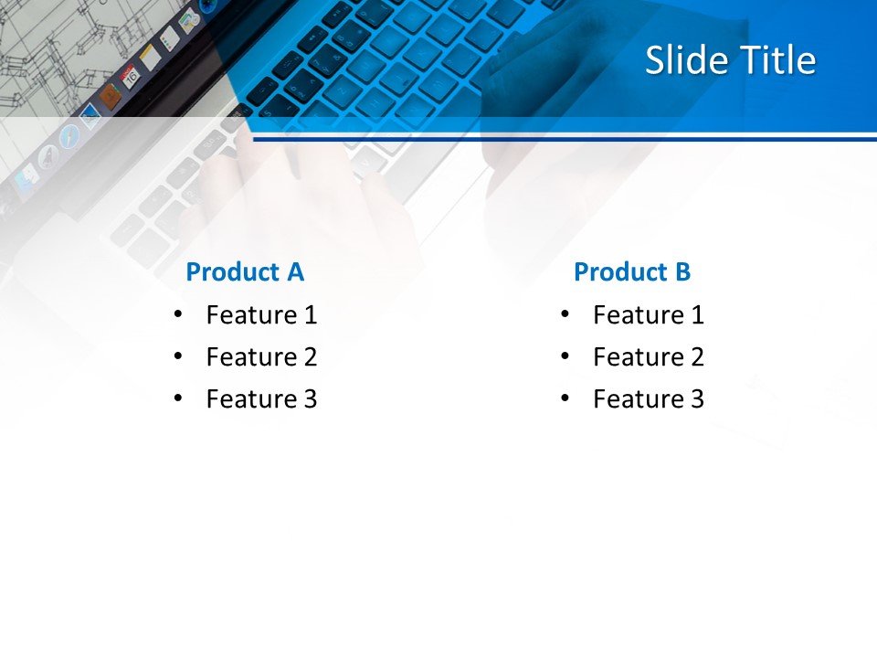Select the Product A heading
[x=244, y=271]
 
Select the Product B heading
[x=632, y=271]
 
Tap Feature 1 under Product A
[x=261, y=315]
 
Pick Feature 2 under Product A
[x=261, y=357]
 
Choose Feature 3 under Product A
[x=261, y=399]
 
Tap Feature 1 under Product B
[x=649, y=315]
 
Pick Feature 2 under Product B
[x=649, y=357]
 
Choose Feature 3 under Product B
[x=649, y=399]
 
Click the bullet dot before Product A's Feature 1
[x=177, y=314]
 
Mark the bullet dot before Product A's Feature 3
[x=177, y=398]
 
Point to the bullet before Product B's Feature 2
[x=565, y=356]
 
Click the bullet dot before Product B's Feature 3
[x=565, y=398]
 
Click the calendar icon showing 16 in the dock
[x=130, y=77]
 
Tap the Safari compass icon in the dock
[x=69, y=136]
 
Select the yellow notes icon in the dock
[x=150, y=57]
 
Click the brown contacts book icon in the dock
[x=110, y=97]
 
